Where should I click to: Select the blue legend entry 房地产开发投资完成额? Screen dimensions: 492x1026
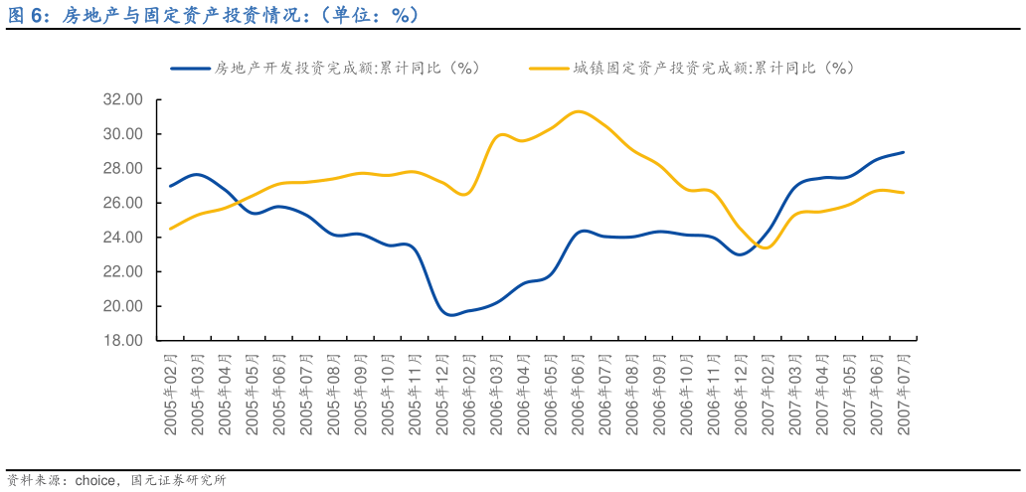pos(328,68)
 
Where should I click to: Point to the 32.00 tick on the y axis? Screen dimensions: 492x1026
pos(124,99)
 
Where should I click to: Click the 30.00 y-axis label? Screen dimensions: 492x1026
pos(124,134)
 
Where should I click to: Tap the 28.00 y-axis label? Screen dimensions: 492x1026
pos(124,168)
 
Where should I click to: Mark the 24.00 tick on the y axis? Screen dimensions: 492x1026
pos(124,237)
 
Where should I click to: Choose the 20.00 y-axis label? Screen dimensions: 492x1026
pos(124,306)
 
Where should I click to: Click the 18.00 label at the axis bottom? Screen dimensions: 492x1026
pos(124,340)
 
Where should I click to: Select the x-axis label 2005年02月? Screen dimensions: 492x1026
pos(171,395)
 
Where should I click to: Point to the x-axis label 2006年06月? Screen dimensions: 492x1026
pos(577,395)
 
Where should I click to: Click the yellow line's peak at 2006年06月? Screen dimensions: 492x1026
pos(577,111)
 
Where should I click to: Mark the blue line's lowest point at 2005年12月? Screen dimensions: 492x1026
pos(450,315)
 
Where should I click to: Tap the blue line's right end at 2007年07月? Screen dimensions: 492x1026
pos(903,152)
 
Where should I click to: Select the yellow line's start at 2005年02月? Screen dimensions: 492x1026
pos(171,229)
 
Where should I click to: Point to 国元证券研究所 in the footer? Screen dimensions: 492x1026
pos(179,480)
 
